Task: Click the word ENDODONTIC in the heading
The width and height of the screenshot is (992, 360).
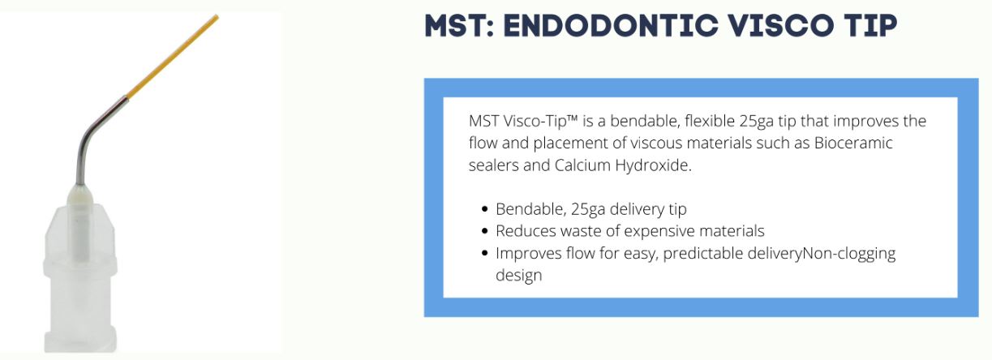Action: click(611, 25)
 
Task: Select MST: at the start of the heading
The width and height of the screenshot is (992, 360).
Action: click(459, 25)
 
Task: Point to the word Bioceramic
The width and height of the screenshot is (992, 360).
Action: click(853, 143)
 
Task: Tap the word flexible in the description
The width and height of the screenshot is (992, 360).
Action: click(710, 121)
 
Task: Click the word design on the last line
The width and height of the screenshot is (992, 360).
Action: click(518, 276)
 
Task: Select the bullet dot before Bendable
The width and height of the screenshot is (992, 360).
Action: click(484, 209)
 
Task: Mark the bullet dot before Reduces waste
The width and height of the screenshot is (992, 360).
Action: click(484, 231)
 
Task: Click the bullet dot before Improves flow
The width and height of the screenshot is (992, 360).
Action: click(484, 253)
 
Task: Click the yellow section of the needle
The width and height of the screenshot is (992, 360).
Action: click(172, 56)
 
